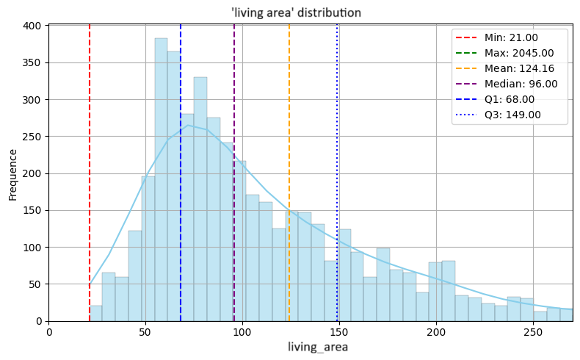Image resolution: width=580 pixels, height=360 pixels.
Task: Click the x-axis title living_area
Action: (311, 347)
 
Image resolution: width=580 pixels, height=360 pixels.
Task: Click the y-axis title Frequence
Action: (12, 174)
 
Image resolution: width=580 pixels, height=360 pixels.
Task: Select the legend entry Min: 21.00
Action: (511, 38)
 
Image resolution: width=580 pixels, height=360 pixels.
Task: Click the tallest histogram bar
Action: (161, 179)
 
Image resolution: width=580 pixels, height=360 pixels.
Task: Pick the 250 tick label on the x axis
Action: (534, 331)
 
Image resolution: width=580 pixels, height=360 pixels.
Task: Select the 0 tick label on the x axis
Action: (49, 331)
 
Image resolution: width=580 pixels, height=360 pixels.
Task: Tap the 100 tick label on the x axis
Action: (243, 331)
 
